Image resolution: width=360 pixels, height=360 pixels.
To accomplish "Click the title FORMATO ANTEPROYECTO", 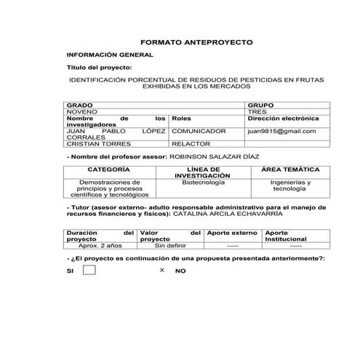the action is [196, 43].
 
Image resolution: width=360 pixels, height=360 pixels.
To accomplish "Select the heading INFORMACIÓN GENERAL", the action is [110, 55].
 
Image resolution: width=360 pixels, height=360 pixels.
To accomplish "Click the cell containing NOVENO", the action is [81, 111].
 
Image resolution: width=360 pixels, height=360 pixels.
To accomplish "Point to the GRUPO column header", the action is [261, 105].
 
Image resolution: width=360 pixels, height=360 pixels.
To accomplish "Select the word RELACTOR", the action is [189, 144].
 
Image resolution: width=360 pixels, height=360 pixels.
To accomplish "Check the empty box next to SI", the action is [89, 270].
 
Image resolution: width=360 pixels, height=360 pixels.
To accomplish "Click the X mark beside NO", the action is [162, 270].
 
